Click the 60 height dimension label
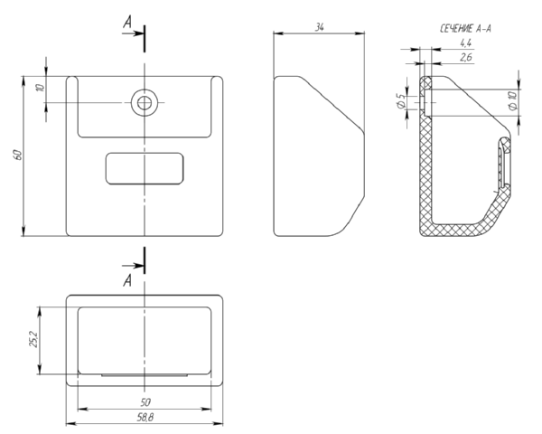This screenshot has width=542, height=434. pos(18,155)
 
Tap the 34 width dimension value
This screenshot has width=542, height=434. pos(320,27)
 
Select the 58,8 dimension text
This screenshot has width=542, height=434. pos(145,418)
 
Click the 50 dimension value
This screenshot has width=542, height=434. pos(145,402)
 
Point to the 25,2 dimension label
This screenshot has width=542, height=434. pos(33,339)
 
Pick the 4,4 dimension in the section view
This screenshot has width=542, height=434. pos(465,42)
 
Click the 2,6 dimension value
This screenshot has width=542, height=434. pos(466,57)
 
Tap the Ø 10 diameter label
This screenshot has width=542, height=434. pos(514,100)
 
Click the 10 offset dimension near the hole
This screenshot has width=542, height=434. pos(41,87)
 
